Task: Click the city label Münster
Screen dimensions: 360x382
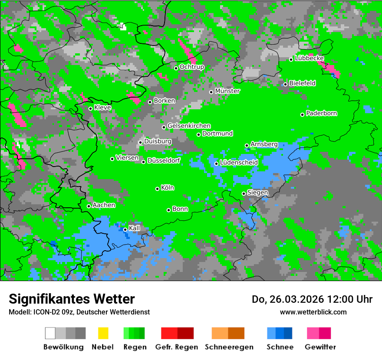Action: [x=227, y=91]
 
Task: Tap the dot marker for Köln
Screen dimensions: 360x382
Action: [x=157, y=189]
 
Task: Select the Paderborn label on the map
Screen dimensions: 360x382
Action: [x=322, y=113]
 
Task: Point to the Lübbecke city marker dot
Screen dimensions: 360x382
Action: [x=291, y=59]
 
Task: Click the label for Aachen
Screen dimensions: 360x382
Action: [x=104, y=205]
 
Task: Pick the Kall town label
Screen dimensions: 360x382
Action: [x=135, y=228]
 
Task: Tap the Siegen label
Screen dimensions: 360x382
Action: [x=257, y=193]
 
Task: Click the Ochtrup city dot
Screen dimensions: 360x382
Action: [x=176, y=68]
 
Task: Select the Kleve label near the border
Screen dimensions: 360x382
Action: [x=102, y=108]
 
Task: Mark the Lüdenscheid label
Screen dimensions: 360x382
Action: [x=239, y=163]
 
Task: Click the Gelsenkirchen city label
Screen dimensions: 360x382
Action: [x=189, y=126]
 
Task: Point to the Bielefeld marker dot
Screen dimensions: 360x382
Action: [x=285, y=84]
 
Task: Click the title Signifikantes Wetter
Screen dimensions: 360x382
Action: [x=72, y=299]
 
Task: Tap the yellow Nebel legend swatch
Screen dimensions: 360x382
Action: [x=103, y=333]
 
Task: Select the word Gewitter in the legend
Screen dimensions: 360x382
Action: [x=320, y=347]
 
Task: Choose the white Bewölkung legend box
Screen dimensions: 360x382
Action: [x=50, y=333]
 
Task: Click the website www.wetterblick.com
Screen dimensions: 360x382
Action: [x=313, y=312]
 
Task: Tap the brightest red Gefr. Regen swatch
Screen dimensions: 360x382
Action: [x=169, y=333]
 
